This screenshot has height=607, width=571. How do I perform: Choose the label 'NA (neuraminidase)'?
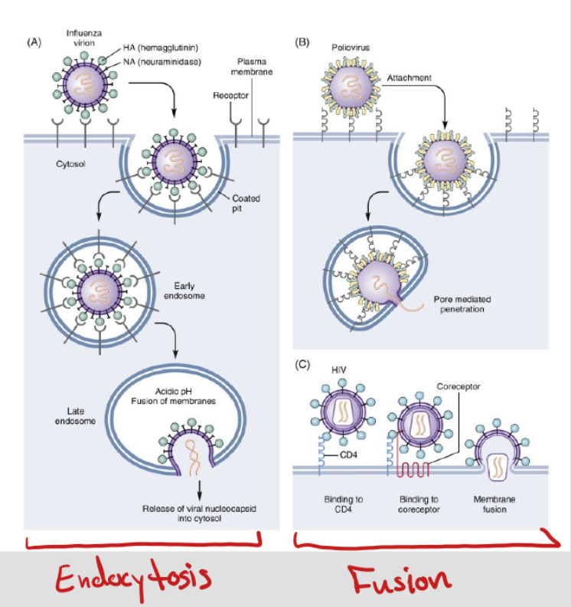coord(156,61)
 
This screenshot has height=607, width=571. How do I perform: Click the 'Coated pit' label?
coord(246,203)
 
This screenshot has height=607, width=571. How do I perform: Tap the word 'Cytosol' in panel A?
coord(70,163)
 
